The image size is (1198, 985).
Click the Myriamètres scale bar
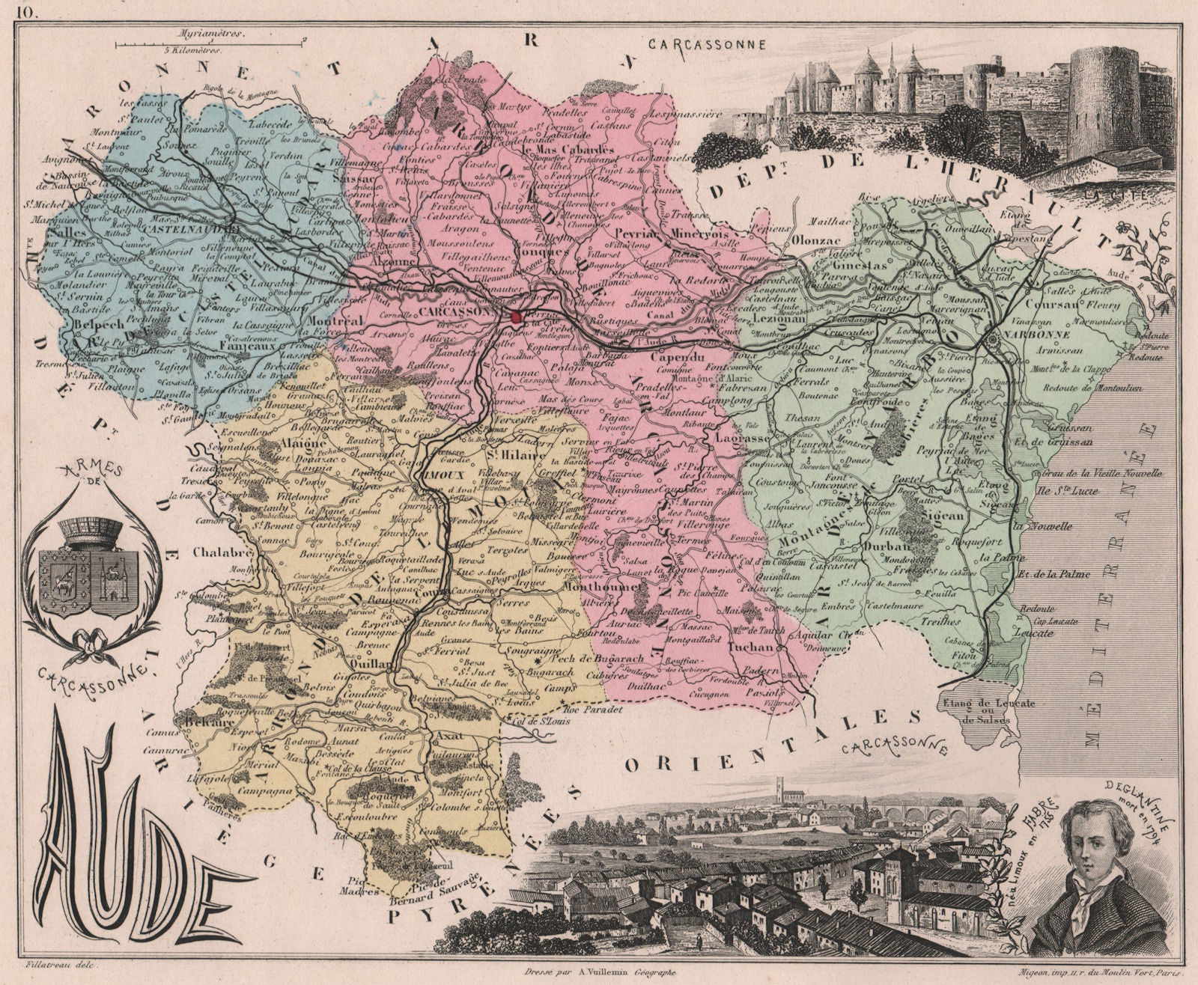coord(210,44)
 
